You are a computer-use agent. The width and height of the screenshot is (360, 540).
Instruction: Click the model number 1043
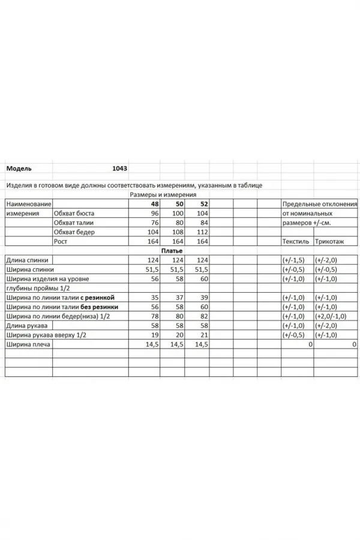pyautogui.click(x=119, y=169)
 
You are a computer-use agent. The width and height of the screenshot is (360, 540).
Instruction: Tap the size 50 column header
pyautogui.click(x=178, y=205)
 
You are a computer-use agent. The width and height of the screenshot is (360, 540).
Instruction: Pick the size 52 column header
pyautogui.click(x=203, y=205)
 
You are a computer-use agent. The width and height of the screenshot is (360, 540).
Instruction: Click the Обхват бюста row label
pyautogui.click(x=74, y=214)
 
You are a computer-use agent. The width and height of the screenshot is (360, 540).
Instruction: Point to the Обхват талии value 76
pyautogui.click(x=155, y=223)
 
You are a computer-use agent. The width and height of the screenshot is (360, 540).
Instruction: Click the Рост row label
pyautogui.click(x=60, y=241)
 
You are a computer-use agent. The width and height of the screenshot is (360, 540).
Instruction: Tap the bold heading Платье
pyautogui.click(x=172, y=251)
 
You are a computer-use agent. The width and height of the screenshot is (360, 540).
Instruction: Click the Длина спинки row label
pyautogui.click(x=27, y=260)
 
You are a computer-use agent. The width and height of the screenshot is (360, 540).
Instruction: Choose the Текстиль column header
pyautogui.click(x=295, y=241)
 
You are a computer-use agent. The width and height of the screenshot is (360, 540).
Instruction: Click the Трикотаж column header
pyautogui.click(x=331, y=241)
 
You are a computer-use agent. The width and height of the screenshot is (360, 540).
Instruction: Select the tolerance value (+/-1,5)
pyautogui.click(x=293, y=260)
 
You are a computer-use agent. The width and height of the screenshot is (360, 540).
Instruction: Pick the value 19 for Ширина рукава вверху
pyautogui.click(x=155, y=335)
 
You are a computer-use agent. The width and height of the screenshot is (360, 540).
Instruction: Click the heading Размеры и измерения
pyautogui.click(x=163, y=195)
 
